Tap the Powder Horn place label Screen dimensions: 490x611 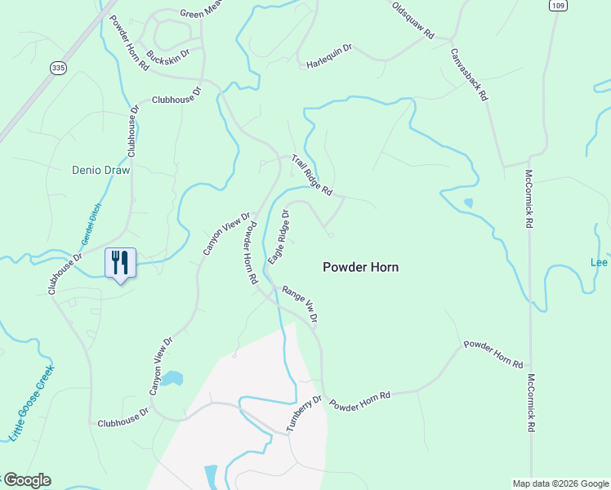point(361,267)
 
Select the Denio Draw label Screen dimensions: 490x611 point(101,171)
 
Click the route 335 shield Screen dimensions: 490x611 point(57,67)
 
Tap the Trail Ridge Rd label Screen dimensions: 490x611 point(312,174)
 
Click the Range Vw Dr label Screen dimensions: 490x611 point(300,304)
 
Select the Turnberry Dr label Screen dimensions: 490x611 point(305,415)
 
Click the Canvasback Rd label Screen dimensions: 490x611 point(469,73)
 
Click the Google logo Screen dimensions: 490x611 point(27,480)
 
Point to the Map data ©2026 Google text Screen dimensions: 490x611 point(560,483)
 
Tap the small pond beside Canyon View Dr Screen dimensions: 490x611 point(171,378)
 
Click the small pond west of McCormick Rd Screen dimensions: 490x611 point(467,203)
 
